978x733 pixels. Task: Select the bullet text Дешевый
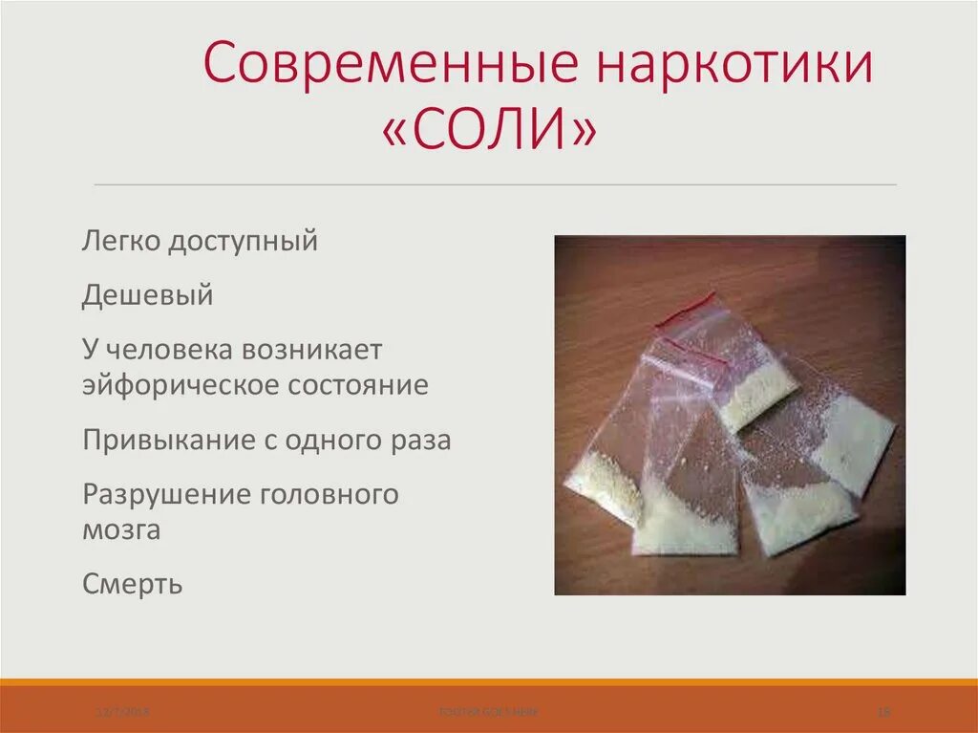coord(147,296)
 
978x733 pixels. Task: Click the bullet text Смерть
coord(132,584)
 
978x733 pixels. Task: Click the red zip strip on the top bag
coord(690,305)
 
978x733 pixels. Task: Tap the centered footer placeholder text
coord(488,712)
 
